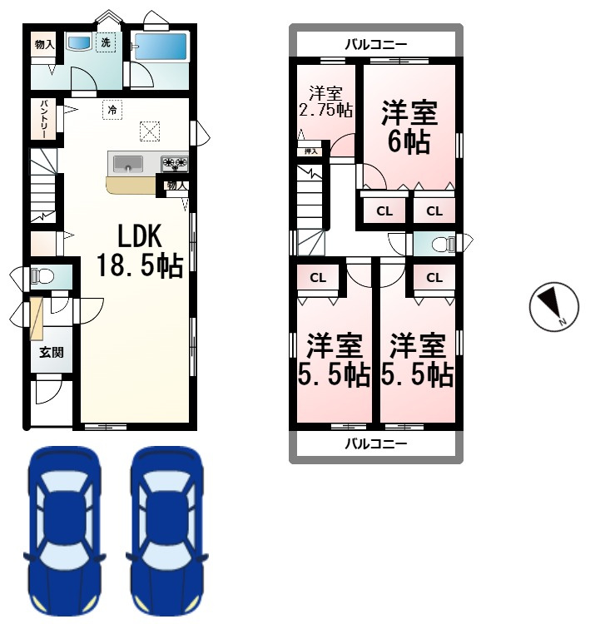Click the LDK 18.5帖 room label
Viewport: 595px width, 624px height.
[140, 250]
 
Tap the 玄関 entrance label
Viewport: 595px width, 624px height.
[52, 352]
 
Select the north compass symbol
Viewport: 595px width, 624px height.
[554, 306]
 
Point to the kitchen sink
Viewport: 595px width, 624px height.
[128, 164]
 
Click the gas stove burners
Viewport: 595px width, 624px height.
[174, 164]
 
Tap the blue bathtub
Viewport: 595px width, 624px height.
[161, 47]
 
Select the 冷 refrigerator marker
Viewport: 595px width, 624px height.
[112, 110]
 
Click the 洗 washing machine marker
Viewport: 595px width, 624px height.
[106, 42]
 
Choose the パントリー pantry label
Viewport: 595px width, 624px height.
[43, 119]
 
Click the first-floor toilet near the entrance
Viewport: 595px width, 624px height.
[42, 275]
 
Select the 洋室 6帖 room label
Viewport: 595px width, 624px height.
[409, 127]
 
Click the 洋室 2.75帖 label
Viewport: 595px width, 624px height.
[325, 102]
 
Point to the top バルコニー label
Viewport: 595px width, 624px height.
[375, 44]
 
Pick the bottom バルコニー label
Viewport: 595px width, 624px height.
[375, 443]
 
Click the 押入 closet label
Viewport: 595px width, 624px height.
[311, 151]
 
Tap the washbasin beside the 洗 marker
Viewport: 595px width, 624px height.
[80, 42]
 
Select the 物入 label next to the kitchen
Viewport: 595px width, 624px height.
[176, 186]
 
